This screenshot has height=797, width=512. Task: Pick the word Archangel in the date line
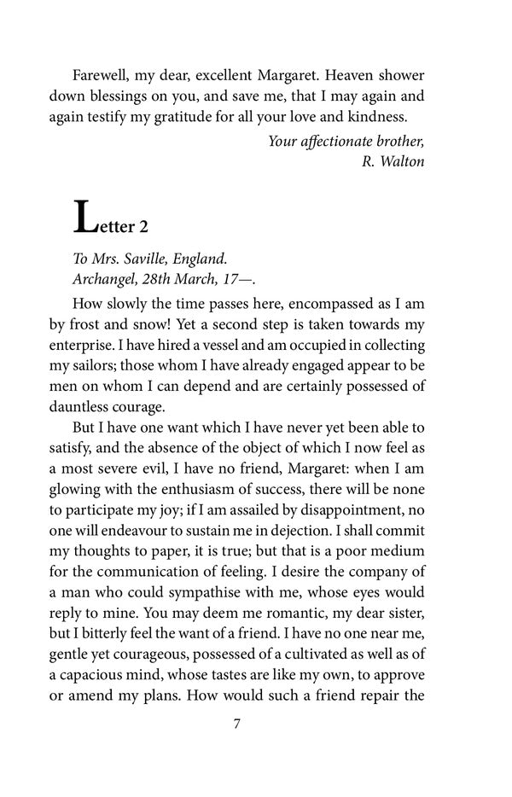[108, 280]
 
